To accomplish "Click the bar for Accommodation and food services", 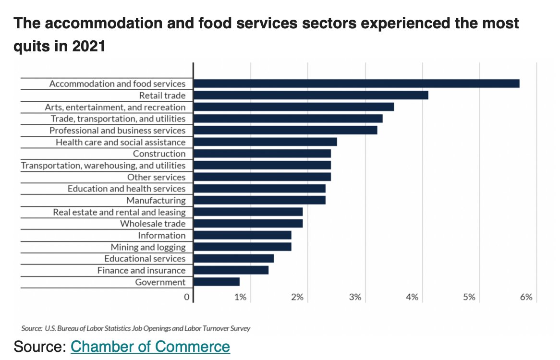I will (x=356, y=84).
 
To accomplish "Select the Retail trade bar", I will (x=310, y=95).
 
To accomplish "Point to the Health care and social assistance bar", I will (x=265, y=142).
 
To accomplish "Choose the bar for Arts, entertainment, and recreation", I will (x=293, y=107).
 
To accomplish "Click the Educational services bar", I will (x=233, y=259).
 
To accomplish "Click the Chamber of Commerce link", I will (x=150, y=346).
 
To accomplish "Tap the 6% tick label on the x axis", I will (x=526, y=297).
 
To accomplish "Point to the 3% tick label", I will (x=355, y=297).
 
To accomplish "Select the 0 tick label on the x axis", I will (x=186, y=297).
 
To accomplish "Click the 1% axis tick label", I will (x=240, y=297).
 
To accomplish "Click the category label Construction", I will (x=159, y=154).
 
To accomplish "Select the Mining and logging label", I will (x=148, y=247).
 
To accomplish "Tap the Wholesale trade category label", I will (x=153, y=224).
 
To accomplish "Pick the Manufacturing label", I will (x=156, y=200).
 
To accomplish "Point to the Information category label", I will (x=161, y=235).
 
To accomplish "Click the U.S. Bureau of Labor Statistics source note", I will (x=136, y=329).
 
